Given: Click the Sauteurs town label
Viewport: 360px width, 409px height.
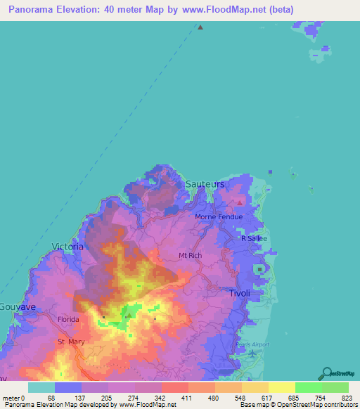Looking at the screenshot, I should [205, 184].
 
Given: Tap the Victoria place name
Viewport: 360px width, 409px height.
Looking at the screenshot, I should [67, 247].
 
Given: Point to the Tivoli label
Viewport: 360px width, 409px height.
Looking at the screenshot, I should [240, 292].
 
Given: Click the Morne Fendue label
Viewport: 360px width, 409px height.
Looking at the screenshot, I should [219, 216].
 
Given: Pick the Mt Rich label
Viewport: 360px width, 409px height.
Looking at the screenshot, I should [191, 255].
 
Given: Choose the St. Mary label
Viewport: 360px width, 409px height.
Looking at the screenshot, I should [70, 342].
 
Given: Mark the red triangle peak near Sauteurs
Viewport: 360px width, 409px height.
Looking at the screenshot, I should [240, 203].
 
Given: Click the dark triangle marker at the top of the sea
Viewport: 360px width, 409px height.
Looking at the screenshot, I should [200, 27].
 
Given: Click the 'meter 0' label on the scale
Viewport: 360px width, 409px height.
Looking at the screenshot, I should [13, 398].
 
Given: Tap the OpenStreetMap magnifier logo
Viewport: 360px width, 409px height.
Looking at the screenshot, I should [326, 373].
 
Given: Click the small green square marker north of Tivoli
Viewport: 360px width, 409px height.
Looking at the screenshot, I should [261, 269].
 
